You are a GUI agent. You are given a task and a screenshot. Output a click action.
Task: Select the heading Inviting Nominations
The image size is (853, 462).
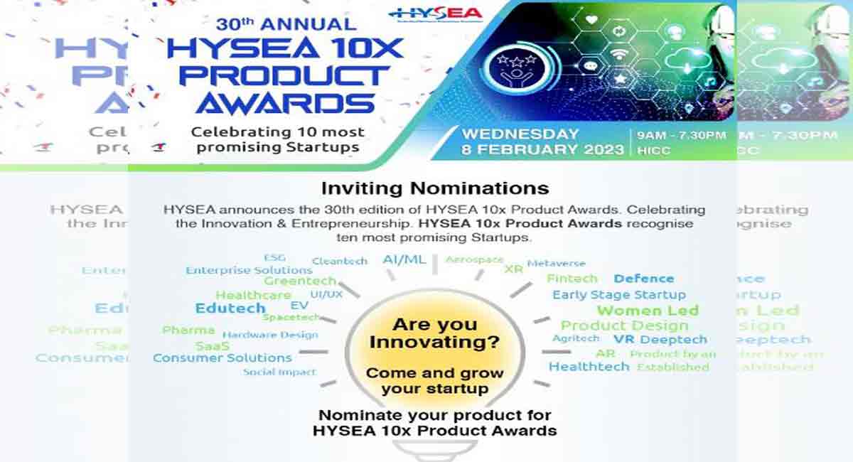pyautogui.click(x=435, y=188)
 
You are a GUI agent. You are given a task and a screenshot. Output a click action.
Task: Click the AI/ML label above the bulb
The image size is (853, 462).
pyautogui.click(x=404, y=259)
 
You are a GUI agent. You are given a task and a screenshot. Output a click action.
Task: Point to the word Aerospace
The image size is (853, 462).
pyautogui.click(x=474, y=259)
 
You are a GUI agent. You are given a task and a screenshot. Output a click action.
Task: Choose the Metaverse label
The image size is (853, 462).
pyautogui.click(x=557, y=263)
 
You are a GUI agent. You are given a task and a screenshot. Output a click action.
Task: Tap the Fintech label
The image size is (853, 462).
pyautogui.click(x=572, y=279)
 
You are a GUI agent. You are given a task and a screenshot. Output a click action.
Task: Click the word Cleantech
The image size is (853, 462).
pyautogui.click(x=340, y=261)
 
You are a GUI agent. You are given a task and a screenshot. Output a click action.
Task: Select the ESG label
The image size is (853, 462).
pyautogui.click(x=274, y=257)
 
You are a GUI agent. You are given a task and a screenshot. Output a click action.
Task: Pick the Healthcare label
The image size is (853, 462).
pyautogui.click(x=253, y=295)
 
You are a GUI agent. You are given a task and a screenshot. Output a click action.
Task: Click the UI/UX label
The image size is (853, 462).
pyautogui.click(x=326, y=294)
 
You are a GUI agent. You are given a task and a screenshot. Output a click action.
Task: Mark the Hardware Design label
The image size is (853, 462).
pyautogui.click(x=269, y=334)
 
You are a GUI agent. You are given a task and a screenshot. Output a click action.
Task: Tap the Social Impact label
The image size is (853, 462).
pyautogui.click(x=279, y=372)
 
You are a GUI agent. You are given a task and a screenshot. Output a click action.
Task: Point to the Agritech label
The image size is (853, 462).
pyautogui.click(x=576, y=338)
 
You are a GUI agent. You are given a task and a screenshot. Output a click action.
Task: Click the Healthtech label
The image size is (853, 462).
pyautogui.click(x=589, y=367)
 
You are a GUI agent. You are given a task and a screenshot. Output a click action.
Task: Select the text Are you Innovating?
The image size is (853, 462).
pyautogui.click(x=434, y=334)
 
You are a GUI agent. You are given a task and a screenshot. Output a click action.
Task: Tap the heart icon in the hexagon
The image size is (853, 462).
pyautogui.click(x=591, y=20)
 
